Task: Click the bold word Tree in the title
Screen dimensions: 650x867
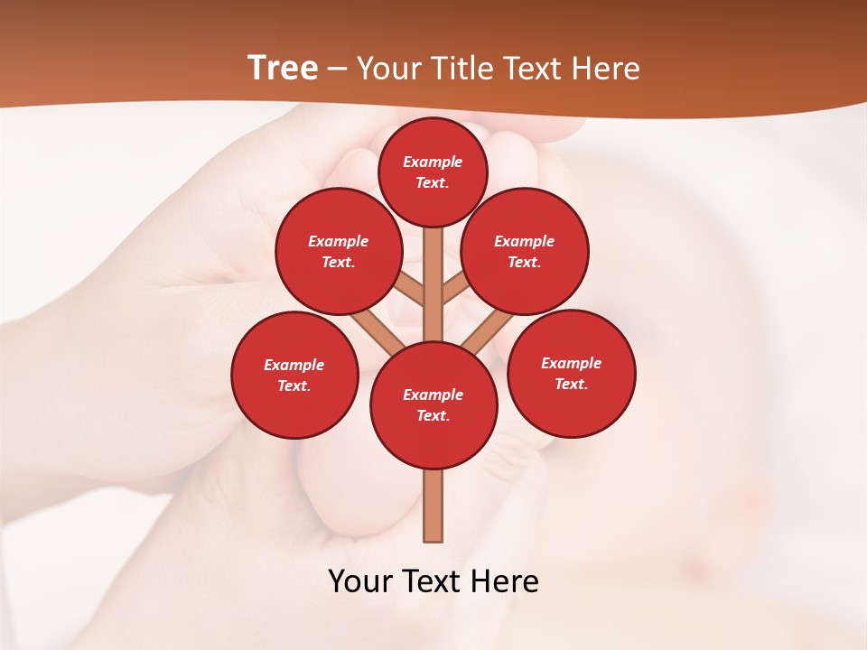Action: (283, 68)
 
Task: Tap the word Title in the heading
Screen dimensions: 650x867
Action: (461, 69)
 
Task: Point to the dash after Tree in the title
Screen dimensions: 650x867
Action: (337, 70)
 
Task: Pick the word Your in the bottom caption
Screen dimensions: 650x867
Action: (360, 581)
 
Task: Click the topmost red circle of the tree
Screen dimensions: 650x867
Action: (433, 172)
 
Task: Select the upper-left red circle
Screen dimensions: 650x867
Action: (338, 251)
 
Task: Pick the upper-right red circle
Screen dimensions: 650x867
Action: (525, 251)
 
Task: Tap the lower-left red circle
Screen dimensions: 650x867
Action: (294, 375)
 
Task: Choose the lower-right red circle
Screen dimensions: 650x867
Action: (571, 373)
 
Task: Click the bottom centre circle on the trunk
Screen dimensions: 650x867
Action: (433, 404)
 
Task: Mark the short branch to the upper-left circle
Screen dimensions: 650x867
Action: (409, 290)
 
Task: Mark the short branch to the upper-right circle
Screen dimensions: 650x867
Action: (454, 289)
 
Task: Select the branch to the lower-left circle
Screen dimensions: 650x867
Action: (378, 330)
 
